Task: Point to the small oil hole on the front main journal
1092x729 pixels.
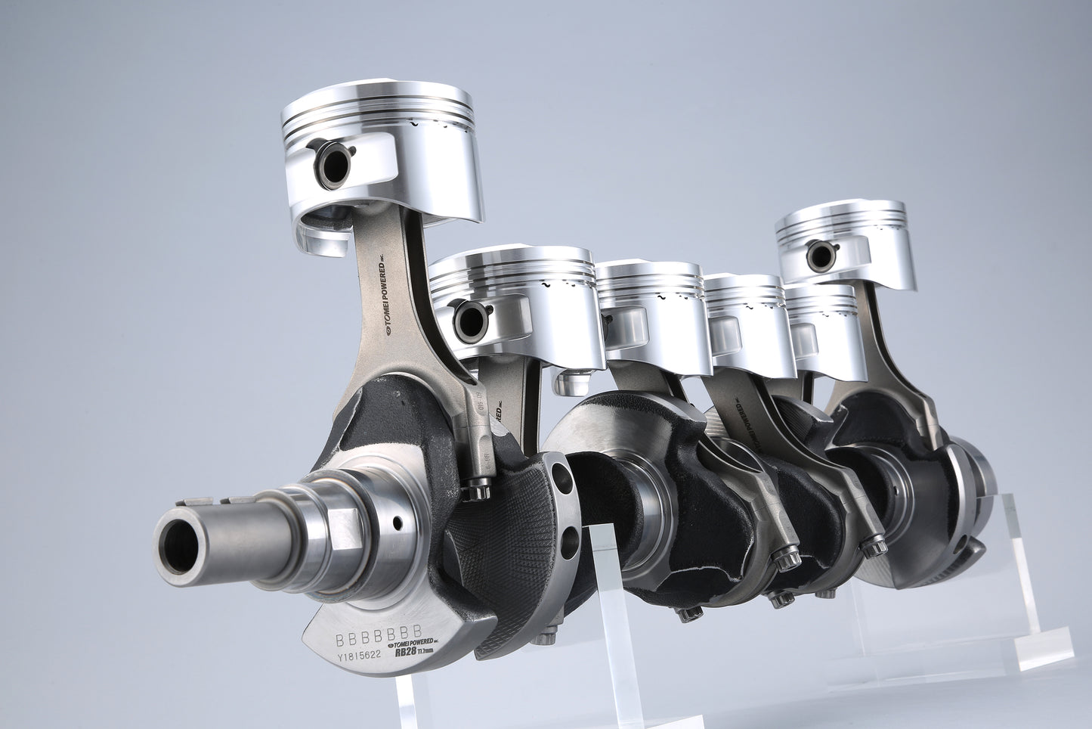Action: click(397, 523)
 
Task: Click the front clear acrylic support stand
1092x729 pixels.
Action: click(605, 605)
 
